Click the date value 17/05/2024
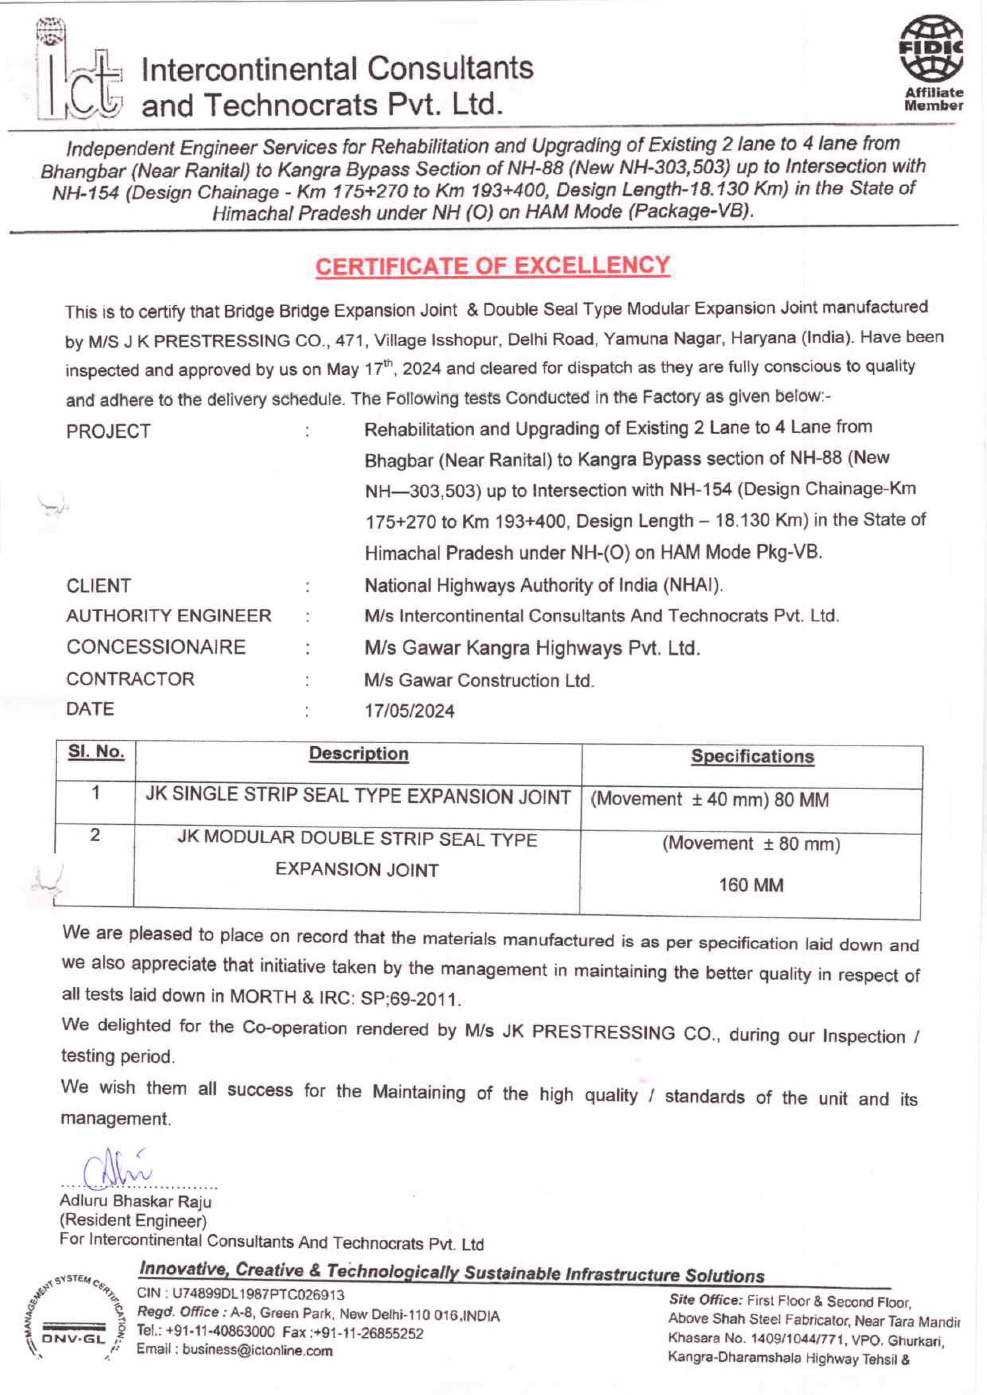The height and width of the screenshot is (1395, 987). click(x=409, y=710)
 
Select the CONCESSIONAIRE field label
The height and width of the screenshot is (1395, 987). click(x=156, y=647)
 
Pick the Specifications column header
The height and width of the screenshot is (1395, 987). click(x=753, y=757)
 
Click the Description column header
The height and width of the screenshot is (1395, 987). click(x=359, y=754)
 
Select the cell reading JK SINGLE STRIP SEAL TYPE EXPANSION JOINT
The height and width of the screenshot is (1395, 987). click(x=358, y=797)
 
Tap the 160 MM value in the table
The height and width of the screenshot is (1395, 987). click(x=751, y=885)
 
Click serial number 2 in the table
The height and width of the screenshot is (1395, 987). click(x=95, y=835)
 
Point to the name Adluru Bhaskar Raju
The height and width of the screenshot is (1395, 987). click(x=136, y=1201)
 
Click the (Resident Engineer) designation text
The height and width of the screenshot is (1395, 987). click(x=133, y=1221)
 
